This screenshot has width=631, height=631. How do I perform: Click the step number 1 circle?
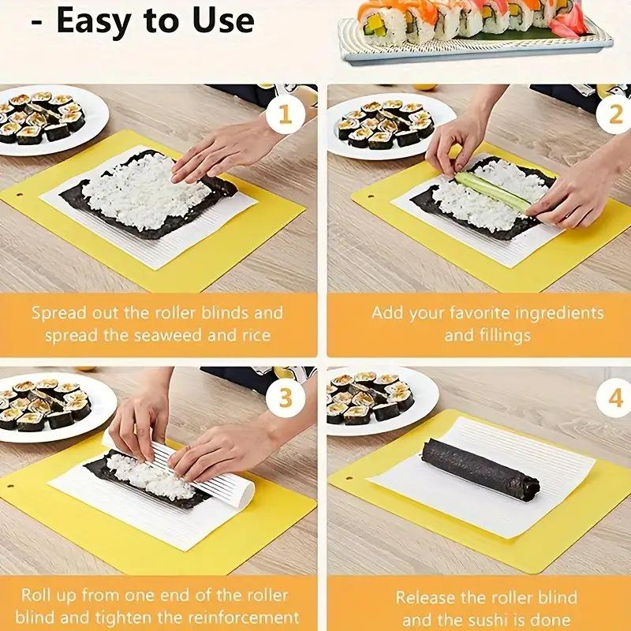click(285, 117)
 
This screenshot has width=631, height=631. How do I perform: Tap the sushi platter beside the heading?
click(473, 32)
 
